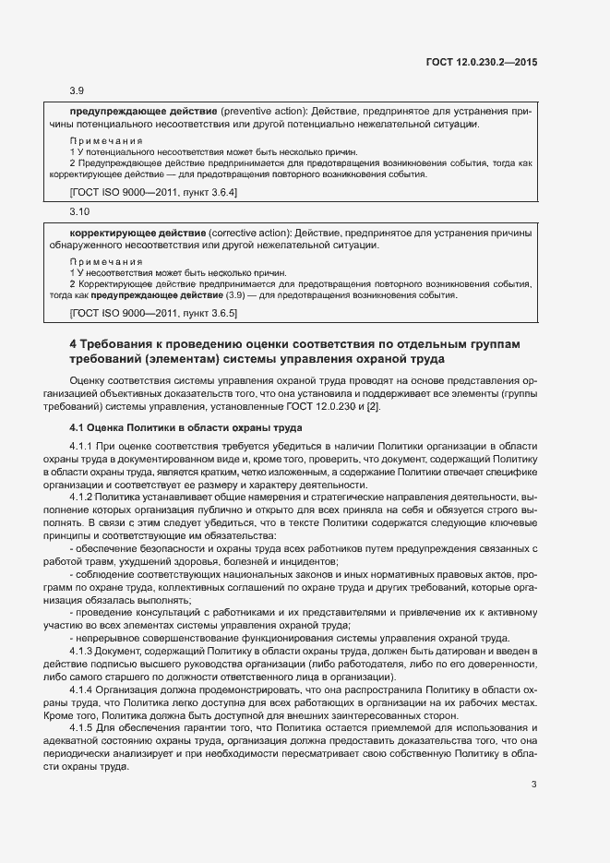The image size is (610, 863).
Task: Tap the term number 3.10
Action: tap(79, 211)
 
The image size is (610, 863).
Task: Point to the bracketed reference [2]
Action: tap(374, 407)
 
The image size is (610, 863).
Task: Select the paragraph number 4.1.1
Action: tap(83, 446)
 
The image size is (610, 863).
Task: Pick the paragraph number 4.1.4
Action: tap(83, 690)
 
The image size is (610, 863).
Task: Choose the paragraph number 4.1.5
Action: tap(83, 729)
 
